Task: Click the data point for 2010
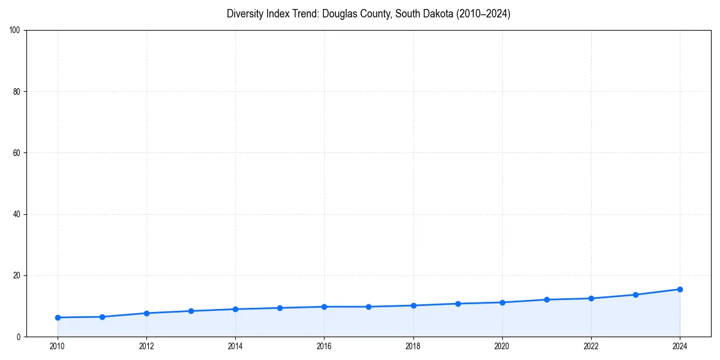click(58, 317)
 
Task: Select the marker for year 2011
click(102, 317)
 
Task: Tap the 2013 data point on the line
click(191, 311)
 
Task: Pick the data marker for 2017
click(368, 307)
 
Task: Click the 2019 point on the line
click(458, 304)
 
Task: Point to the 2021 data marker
click(547, 299)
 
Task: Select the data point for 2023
click(635, 295)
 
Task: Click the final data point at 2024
click(680, 289)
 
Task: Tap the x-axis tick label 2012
click(146, 346)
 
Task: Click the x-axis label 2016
click(324, 346)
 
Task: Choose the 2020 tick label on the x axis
click(502, 346)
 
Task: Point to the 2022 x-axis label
click(591, 346)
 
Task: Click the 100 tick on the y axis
click(16, 31)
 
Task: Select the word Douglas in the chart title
click(340, 14)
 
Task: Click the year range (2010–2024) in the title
click(483, 14)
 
